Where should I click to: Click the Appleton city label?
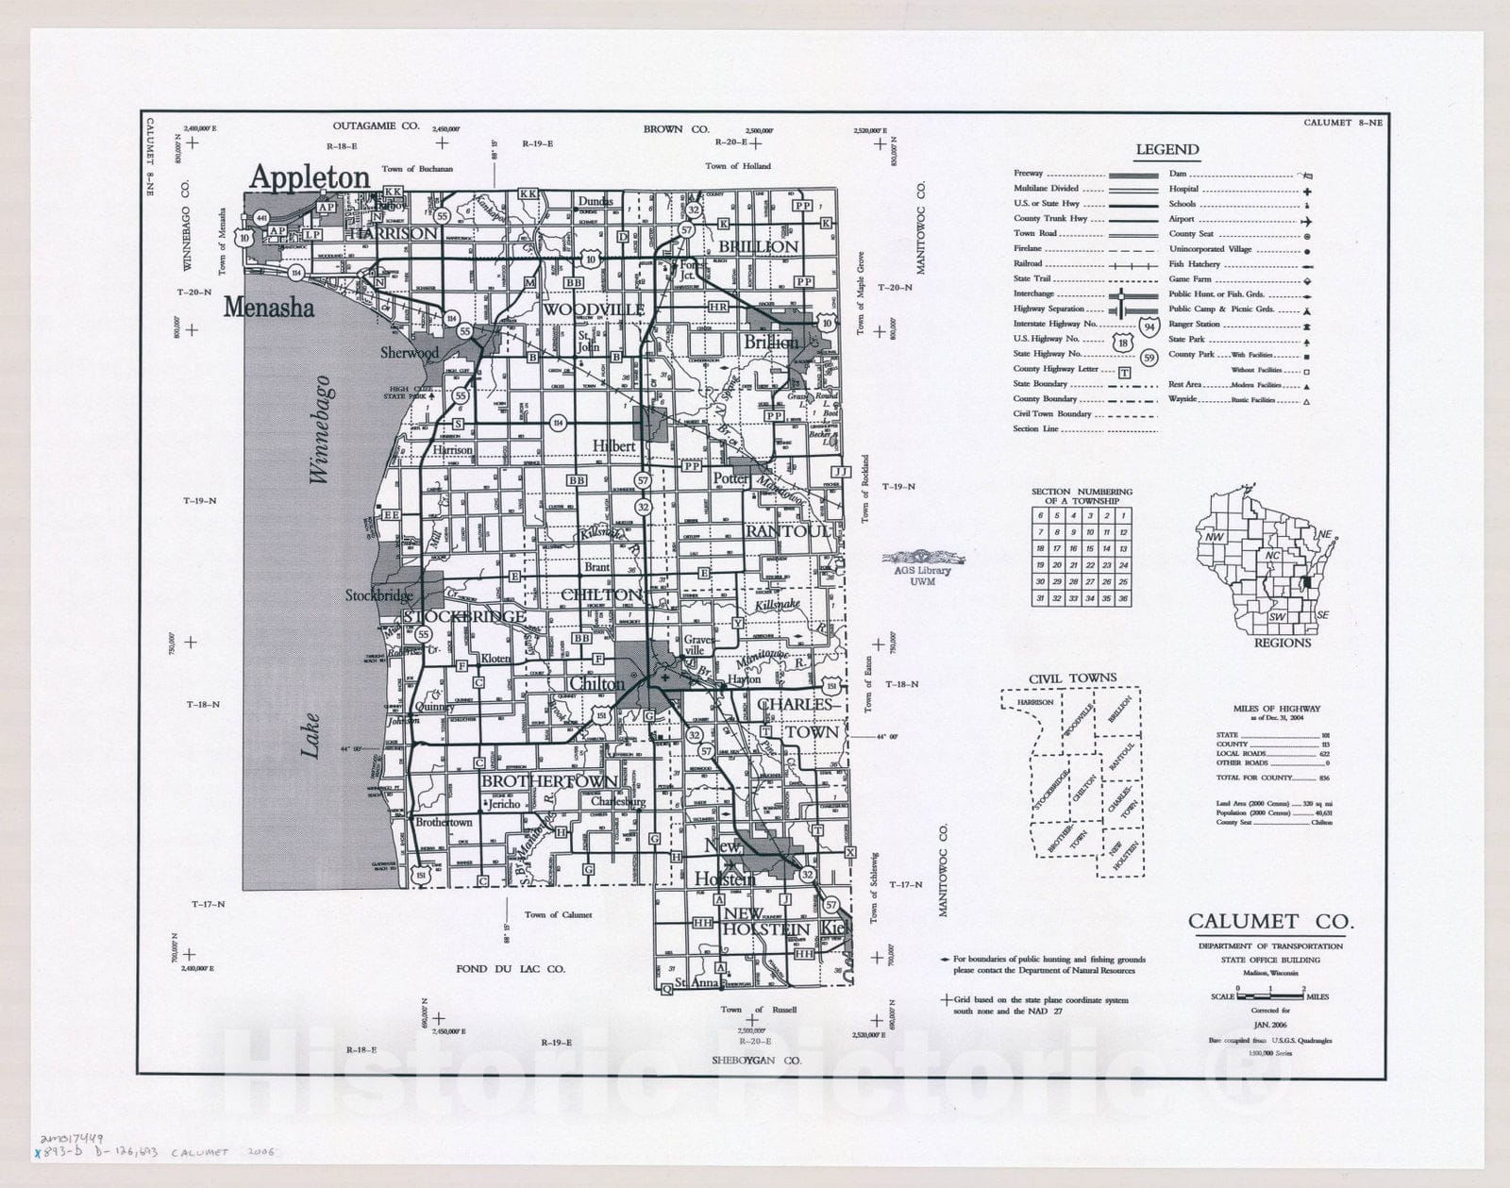(309, 177)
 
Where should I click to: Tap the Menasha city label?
(269, 308)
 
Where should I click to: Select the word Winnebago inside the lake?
(321, 430)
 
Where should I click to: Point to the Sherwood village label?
(410, 353)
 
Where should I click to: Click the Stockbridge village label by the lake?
(378, 595)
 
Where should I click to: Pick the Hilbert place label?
(613, 445)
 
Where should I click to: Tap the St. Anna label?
(697, 982)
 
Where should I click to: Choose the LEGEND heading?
(1166, 149)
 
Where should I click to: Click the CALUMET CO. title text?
(1269, 922)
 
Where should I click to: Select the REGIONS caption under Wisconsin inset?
(1282, 643)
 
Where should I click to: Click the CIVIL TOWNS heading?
(1072, 678)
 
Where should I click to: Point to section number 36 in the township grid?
(1123, 598)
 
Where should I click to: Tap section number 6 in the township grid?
(1040, 516)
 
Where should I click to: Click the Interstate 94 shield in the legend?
(1148, 327)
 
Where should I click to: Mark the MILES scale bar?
(1270, 994)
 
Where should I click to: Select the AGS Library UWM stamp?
(923, 565)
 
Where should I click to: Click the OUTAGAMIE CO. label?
(375, 125)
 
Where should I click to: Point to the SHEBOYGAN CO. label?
(756, 1061)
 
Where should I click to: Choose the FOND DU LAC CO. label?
(510, 968)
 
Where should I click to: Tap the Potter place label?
(730, 478)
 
